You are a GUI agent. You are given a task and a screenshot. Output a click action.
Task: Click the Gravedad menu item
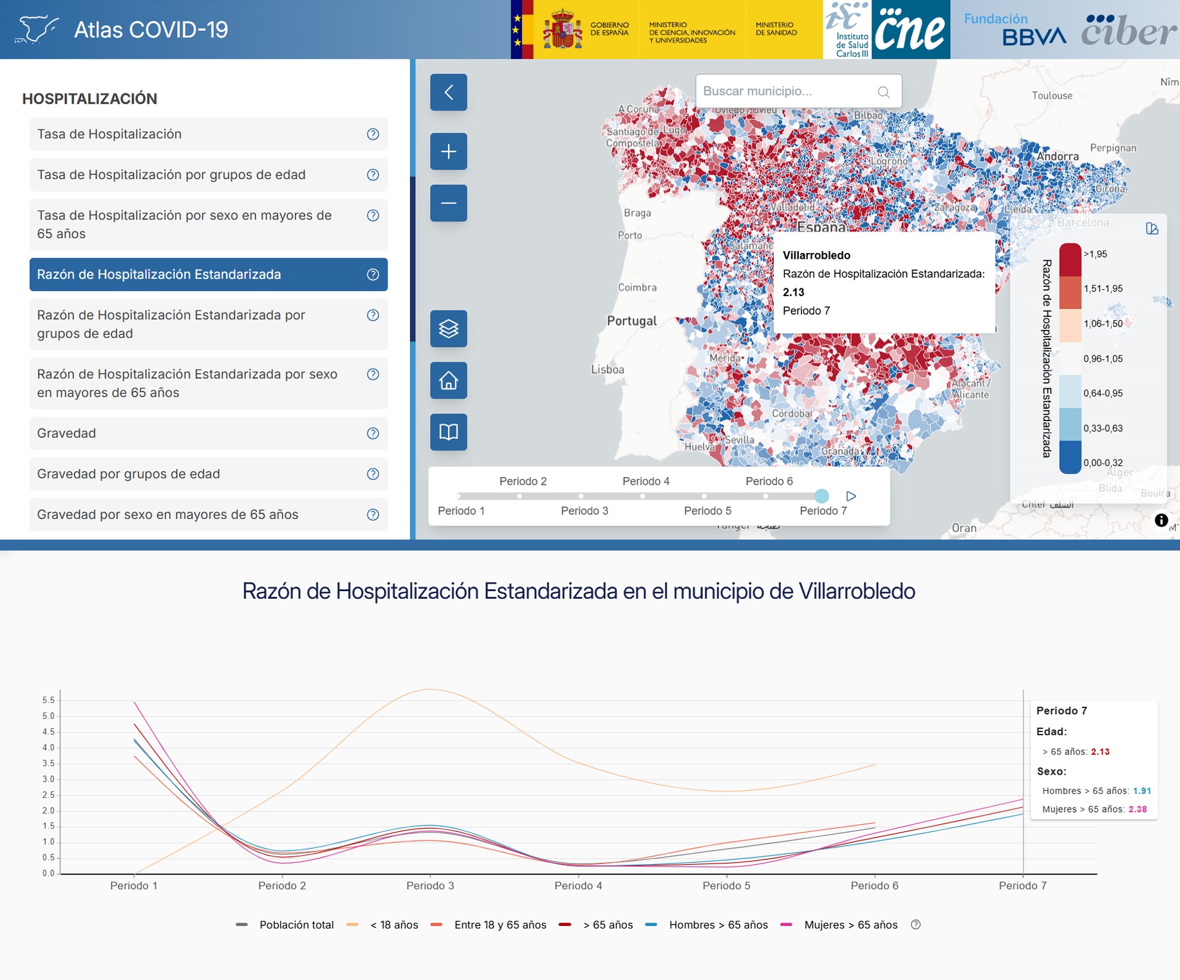pyautogui.click(x=67, y=433)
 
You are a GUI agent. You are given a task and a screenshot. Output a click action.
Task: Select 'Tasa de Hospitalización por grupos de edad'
pyautogui.click(x=171, y=174)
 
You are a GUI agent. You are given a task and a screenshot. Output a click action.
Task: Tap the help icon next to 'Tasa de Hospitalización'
pyautogui.click(x=373, y=134)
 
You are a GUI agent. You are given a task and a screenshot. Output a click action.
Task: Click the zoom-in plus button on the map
pyautogui.click(x=449, y=151)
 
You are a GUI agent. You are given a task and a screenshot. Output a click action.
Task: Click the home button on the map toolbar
pyautogui.click(x=449, y=381)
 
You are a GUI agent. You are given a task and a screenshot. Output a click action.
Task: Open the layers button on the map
pyautogui.click(x=449, y=329)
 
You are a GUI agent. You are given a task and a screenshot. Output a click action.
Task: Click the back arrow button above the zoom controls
pyautogui.click(x=449, y=92)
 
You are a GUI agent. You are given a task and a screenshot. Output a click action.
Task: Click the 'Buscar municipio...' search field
pyautogui.click(x=789, y=91)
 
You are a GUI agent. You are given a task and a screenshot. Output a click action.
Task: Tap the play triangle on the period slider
pyautogui.click(x=851, y=496)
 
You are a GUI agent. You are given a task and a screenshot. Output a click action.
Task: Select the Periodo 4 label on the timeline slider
pyautogui.click(x=646, y=481)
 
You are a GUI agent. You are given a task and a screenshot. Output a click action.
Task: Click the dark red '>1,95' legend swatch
pyautogui.click(x=1070, y=258)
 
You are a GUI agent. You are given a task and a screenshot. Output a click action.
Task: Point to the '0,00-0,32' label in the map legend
pyautogui.click(x=1103, y=463)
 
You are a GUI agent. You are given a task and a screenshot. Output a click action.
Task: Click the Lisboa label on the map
pyautogui.click(x=608, y=370)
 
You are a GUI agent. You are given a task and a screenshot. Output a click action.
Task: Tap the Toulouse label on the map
pyautogui.click(x=1052, y=96)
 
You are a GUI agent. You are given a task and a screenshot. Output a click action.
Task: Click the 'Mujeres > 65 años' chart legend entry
pyautogui.click(x=850, y=925)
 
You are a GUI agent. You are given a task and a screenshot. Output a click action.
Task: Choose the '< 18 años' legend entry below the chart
pyautogui.click(x=393, y=925)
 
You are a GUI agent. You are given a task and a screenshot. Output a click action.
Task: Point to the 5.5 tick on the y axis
pyautogui.click(x=48, y=700)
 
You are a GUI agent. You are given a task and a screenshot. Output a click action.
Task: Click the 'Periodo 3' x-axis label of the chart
pyautogui.click(x=430, y=885)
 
